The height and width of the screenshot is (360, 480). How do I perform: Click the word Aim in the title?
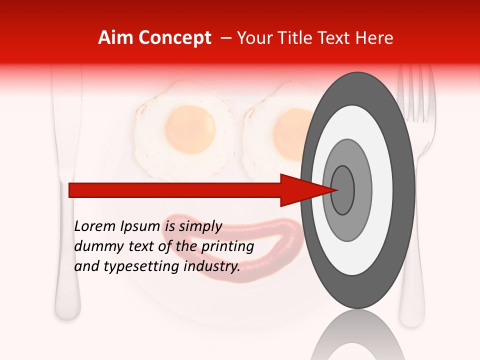click(x=115, y=38)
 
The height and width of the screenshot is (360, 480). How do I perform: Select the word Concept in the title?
click(x=174, y=38)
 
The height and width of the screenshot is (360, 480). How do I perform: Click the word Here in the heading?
click(x=374, y=38)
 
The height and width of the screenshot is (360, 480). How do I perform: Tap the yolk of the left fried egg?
click(x=190, y=129)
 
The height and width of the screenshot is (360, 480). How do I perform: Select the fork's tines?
click(x=415, y=92)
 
